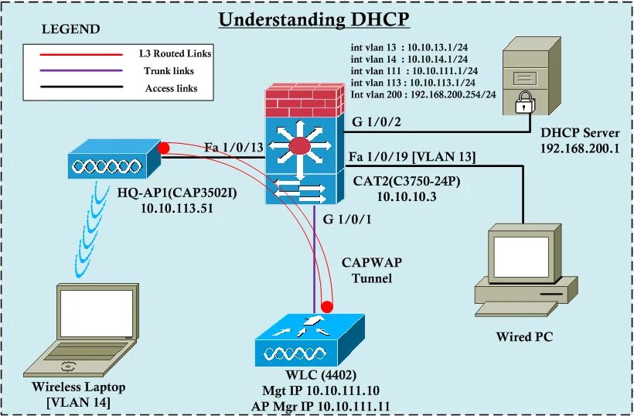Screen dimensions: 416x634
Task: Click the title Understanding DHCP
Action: pos(313,19)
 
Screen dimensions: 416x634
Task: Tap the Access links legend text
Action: pos(171,89)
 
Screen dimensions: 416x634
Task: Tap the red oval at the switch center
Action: pos(300,147)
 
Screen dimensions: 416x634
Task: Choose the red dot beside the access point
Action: pos(163,148)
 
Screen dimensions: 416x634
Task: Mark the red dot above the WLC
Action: pos(328,305)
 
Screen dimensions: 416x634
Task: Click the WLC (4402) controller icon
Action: pos(308,340)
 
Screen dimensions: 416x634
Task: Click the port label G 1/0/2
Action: pos(377,121)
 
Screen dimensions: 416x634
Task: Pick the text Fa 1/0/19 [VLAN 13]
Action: pos(411,156)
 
